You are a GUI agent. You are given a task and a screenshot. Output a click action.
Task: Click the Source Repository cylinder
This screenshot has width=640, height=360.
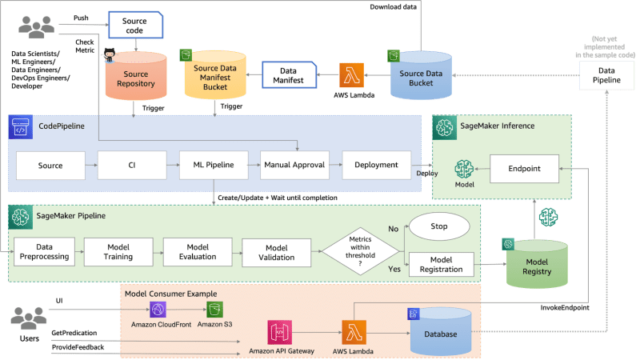135,78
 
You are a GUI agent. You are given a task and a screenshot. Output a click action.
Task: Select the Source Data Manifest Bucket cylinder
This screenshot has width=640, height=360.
214,78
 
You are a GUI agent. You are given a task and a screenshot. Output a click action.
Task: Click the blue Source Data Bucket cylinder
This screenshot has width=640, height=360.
421,78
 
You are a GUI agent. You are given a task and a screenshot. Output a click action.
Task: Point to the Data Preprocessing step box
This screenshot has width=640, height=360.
44,253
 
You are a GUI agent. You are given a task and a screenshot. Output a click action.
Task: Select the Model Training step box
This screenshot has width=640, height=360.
118,253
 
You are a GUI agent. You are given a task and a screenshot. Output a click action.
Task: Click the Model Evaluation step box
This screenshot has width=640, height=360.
196,253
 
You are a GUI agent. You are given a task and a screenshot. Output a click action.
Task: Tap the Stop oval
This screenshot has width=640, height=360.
440,227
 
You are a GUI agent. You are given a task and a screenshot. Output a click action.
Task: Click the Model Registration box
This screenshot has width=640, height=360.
441,264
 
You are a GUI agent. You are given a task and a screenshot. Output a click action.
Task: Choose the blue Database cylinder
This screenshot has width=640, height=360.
439,333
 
